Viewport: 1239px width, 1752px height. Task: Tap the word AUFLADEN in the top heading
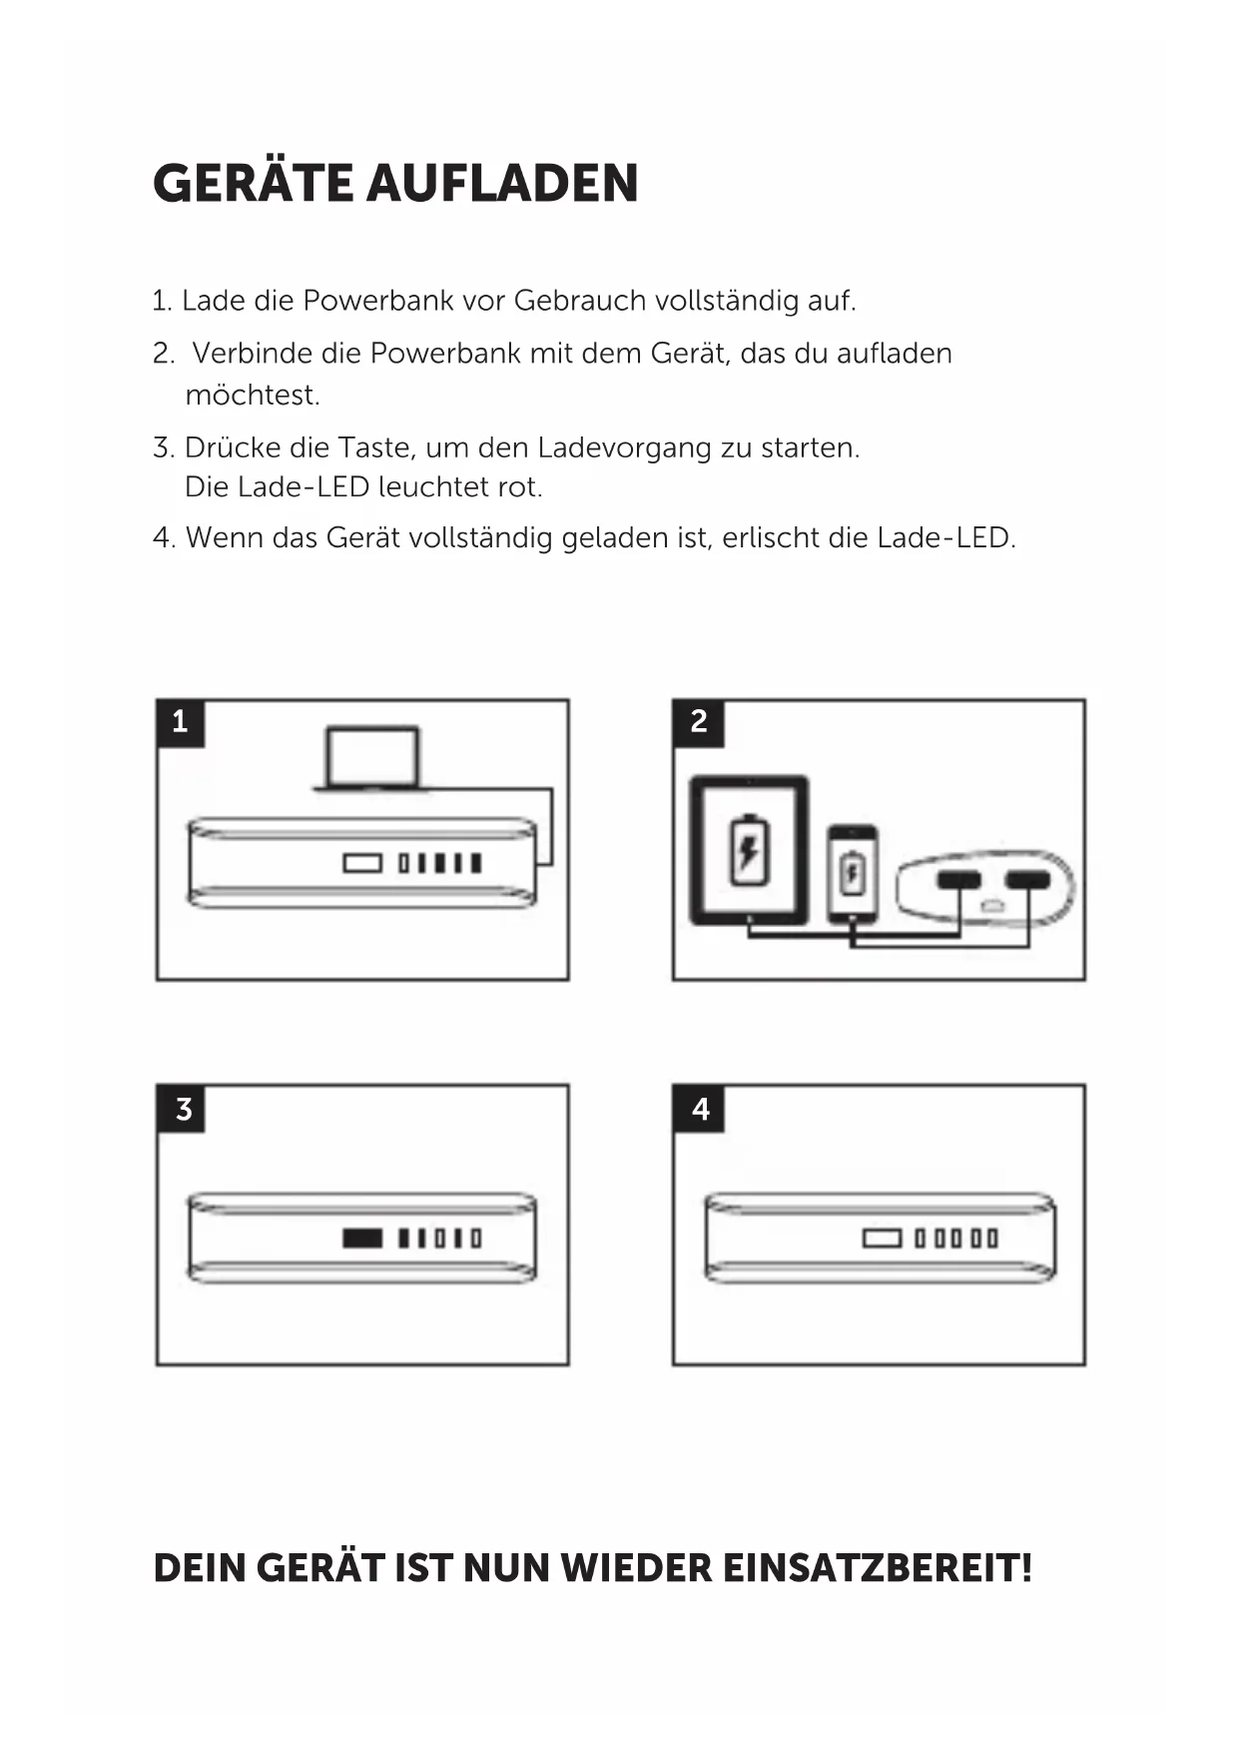[x=502, y=184]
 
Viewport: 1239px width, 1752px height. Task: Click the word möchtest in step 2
[x=251, y=396]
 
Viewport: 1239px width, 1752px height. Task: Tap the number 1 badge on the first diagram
[x=180, y=722]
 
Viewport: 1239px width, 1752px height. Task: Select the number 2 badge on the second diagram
[x=698, y=722]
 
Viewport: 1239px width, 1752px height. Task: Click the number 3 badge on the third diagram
[x=183, y=1109]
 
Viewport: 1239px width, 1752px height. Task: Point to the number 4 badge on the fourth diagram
[x=700, y=1109]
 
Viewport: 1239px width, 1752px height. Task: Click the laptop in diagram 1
[x=371, y=760]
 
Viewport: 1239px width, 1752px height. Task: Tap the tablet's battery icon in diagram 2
[x=747, y=851]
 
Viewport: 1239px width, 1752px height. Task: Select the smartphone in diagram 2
[x=852, y=873]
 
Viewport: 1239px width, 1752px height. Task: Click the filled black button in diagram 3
[x=361, y=1239]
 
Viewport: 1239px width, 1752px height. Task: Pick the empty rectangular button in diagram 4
[x=881, y=1239]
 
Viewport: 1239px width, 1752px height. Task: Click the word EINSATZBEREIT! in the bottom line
[x=877, y=1568]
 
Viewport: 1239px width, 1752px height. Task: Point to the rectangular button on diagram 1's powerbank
[x=362, y=862]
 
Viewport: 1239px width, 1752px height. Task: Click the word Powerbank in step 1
[x=377, y=301]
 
